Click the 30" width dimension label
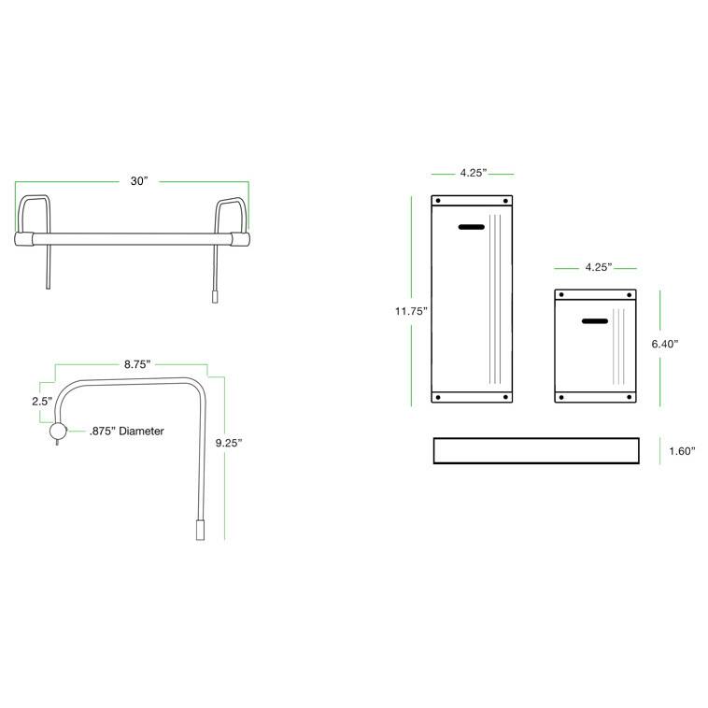coord(139,181)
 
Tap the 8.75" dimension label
coord(136,363)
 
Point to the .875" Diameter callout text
coord(127,432)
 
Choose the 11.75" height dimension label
coord(410,311)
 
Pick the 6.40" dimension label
coord(664,344)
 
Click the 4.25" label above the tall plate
coord(472,173)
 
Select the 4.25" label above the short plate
coord(598,267)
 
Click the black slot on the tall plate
coord(471,227)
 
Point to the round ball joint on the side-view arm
coord(57,432)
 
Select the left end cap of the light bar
coord(23,238)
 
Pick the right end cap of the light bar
coord(240,238)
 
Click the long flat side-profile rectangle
coord(535,450)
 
